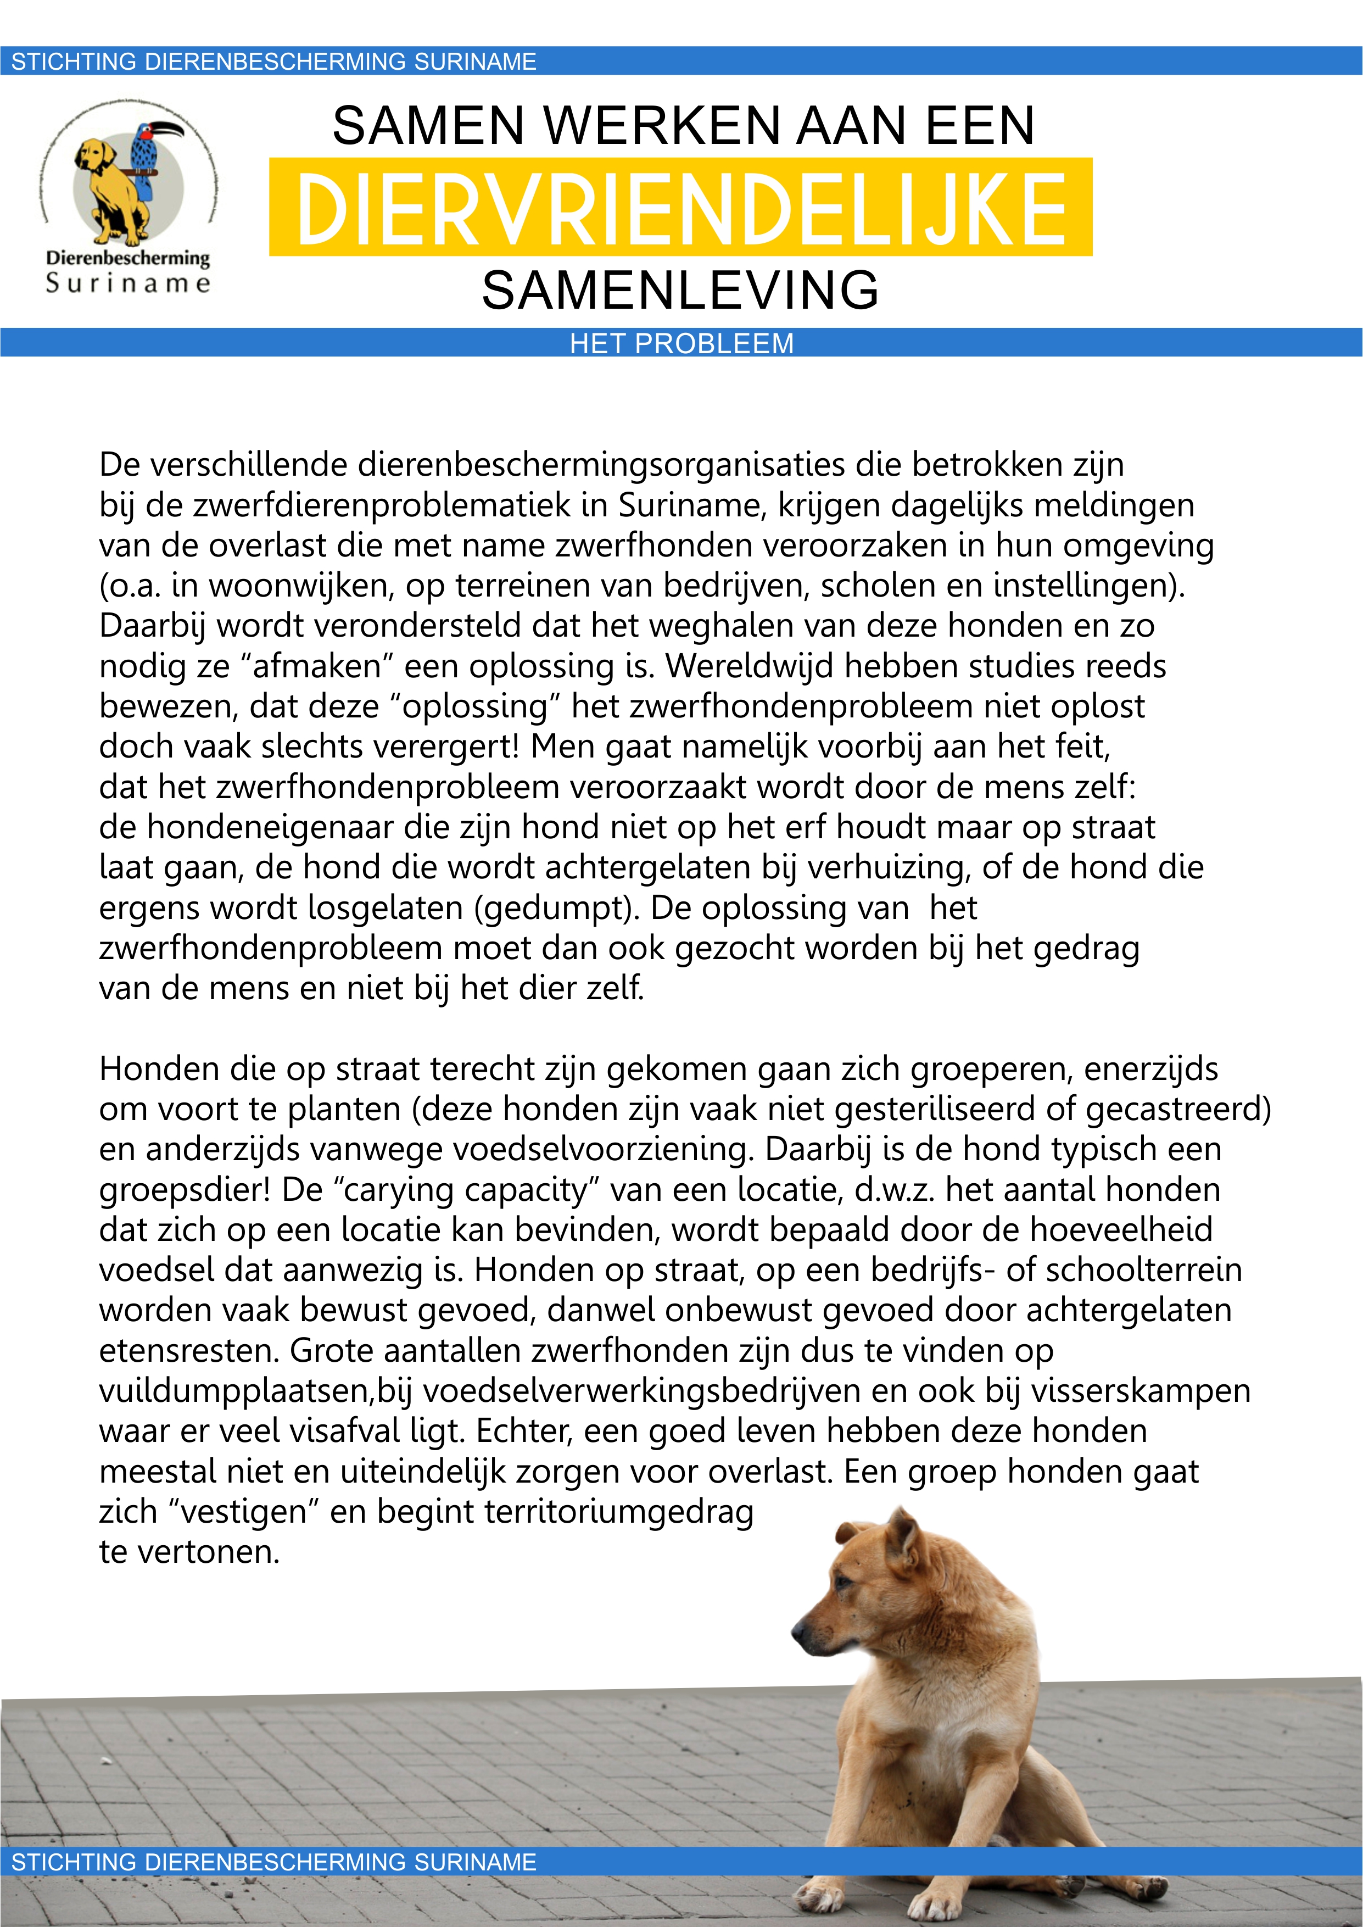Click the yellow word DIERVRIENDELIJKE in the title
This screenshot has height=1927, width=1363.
click(x=680, y=207)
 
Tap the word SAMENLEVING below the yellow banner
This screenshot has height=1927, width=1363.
click(x=680, y=291)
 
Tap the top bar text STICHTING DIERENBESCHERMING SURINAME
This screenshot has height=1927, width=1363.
click(x=273, y=62)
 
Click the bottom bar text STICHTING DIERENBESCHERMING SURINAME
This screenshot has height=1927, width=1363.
click(x=273, y=1862)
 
